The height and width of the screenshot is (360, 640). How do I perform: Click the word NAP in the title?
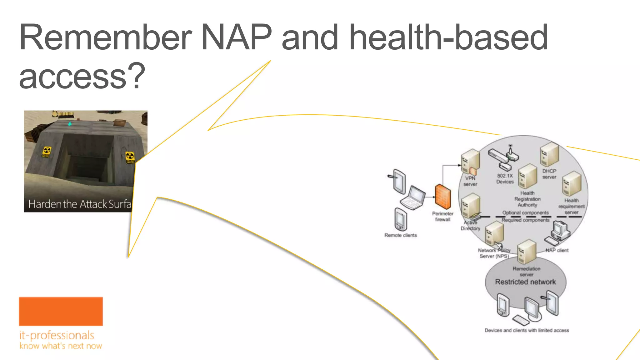(x=237, y=37)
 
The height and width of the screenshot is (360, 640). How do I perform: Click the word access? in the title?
(x=82, y=76)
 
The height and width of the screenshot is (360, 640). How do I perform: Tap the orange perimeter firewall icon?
(x=443, y=197)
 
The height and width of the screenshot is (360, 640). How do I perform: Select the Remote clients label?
(x=400, y=235)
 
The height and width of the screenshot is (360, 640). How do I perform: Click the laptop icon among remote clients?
(x=413, y=198)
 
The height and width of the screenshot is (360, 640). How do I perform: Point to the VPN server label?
(x=470, y=181)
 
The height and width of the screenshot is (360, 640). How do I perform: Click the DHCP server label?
(x=549, y=174)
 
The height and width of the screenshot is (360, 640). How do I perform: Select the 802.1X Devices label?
(x=505, y=179)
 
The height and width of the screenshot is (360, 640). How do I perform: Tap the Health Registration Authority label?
(x=527, y=199)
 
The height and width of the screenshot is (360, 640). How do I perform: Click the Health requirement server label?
(x=571, y=206)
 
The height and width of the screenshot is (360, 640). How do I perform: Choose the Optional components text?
(x=525, y=213)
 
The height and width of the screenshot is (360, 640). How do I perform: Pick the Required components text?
(x=525, y=220)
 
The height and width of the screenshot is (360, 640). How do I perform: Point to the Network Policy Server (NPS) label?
(x=494, y=253)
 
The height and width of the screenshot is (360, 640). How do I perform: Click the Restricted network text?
(x=525, y=282)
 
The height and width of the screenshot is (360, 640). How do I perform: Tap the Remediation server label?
(x=526, y=271)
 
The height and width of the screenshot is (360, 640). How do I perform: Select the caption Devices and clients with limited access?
(x=527, y=330)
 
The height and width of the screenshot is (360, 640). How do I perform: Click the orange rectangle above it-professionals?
(x=61, y=311)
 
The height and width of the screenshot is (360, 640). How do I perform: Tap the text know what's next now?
(x=61, y=346)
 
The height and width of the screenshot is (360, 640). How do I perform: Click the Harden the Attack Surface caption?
(x=80, y=204)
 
